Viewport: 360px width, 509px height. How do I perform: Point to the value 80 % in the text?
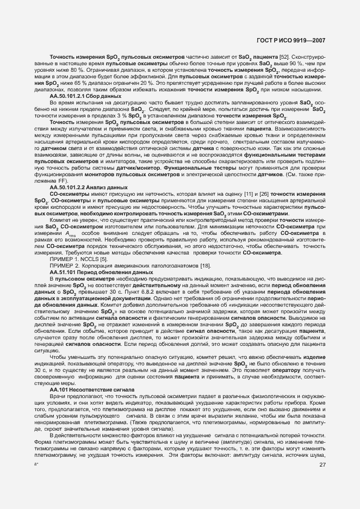click(76, 70)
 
